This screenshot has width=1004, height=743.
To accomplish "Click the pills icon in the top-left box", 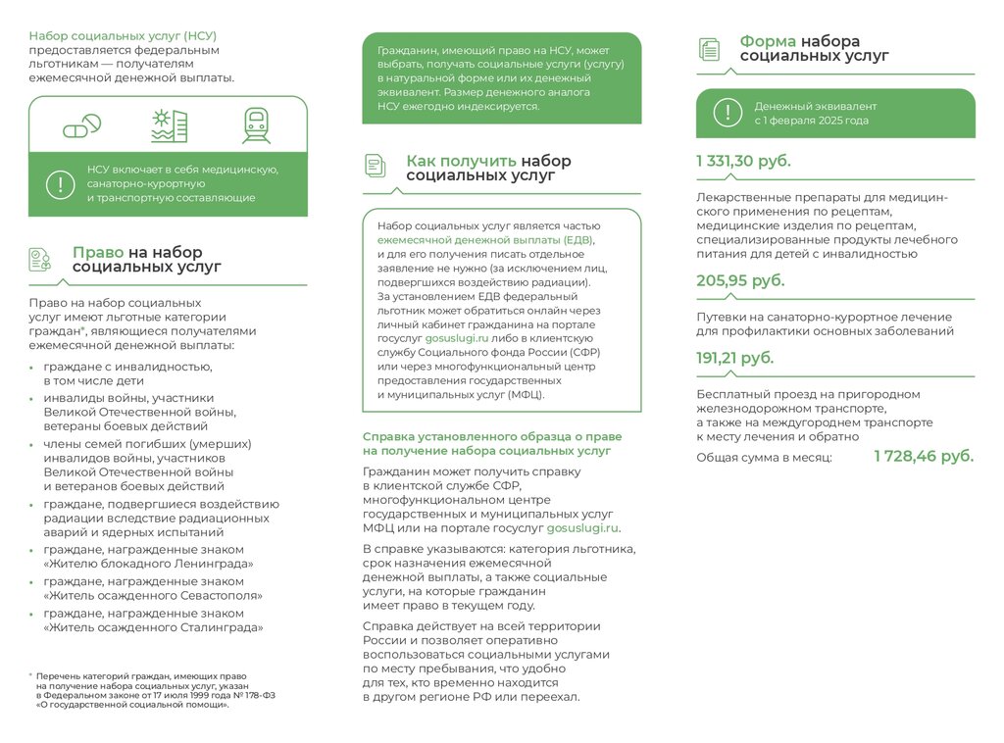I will (81, 126).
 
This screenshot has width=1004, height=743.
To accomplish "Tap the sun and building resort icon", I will (169, 126).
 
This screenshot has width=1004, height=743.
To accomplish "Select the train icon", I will (256, 125).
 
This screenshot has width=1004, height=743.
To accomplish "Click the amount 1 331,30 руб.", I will (743, 162).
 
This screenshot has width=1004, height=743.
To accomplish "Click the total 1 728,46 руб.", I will (924, 456).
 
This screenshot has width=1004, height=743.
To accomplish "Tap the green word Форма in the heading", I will (768, 41).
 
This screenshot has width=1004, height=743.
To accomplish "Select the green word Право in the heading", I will (98, 252).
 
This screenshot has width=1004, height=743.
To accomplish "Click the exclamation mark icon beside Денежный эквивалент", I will (728, 113).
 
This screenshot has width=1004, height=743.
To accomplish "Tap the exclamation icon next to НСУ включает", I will (60, 183).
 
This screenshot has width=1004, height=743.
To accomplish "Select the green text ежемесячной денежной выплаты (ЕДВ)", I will (485, 239).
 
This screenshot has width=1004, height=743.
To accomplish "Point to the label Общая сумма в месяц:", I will (764, 457).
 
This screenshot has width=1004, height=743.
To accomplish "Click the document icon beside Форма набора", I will (709, 49).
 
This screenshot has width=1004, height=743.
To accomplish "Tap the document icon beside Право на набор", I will (40, 259).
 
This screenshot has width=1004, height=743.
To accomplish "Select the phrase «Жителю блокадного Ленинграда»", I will (148, 564).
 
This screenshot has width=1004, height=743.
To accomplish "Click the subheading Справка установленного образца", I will (492, 436).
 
